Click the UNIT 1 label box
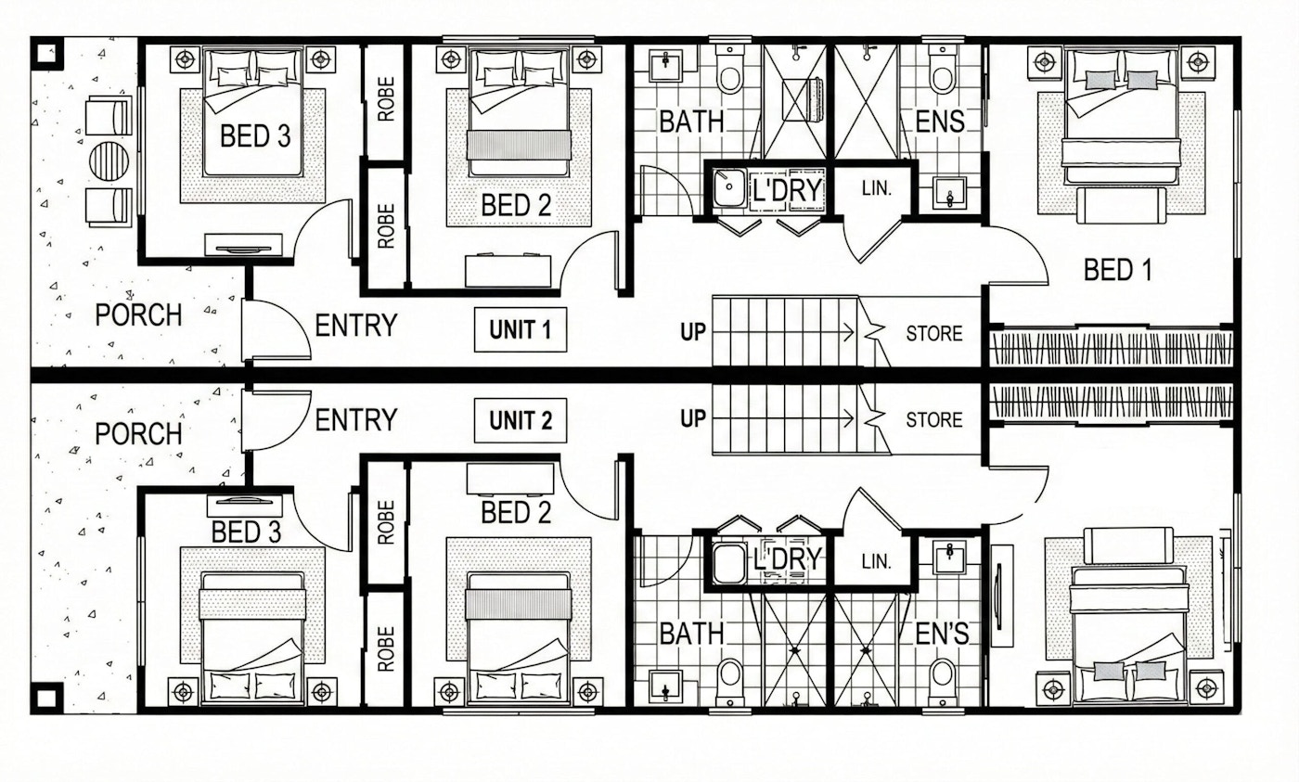click(520, 330)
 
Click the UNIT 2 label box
click(520, 420)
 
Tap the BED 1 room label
click(1117, 270)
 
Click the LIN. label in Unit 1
click(876, 188)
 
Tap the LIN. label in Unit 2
click(876, 561)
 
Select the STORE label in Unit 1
click(933, 333)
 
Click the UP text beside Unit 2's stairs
click(692, 419)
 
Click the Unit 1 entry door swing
click(276, 330)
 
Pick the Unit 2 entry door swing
click(276, 419)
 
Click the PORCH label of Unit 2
click(138, 433)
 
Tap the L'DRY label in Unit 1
click(786, 190)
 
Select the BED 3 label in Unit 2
click(246, 532)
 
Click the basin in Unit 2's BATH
click(665, 687)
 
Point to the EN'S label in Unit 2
click(942, 634)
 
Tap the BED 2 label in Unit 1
click(516, 205)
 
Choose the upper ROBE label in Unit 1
click(386, 99)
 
